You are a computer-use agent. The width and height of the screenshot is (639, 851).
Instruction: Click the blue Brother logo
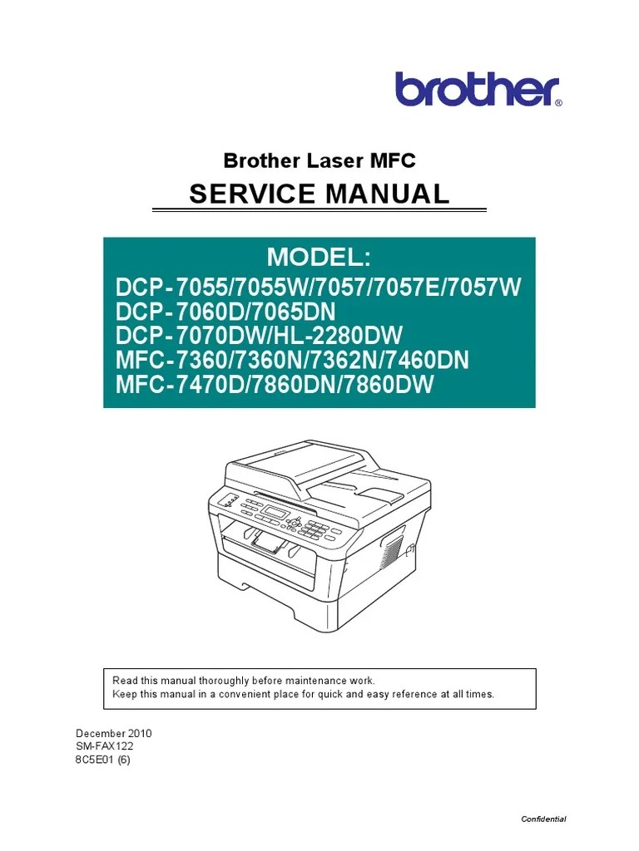478,89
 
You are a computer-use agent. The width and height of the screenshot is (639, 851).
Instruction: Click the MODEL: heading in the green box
319,258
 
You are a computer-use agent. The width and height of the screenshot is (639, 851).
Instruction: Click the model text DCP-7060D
171,312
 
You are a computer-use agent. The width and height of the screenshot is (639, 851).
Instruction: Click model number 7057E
408,288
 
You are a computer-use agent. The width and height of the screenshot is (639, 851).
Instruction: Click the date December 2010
113,734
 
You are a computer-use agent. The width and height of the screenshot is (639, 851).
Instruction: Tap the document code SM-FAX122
105,747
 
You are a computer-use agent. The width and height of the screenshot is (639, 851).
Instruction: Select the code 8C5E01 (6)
102,760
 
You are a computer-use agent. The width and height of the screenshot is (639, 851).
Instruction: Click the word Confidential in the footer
543,819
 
